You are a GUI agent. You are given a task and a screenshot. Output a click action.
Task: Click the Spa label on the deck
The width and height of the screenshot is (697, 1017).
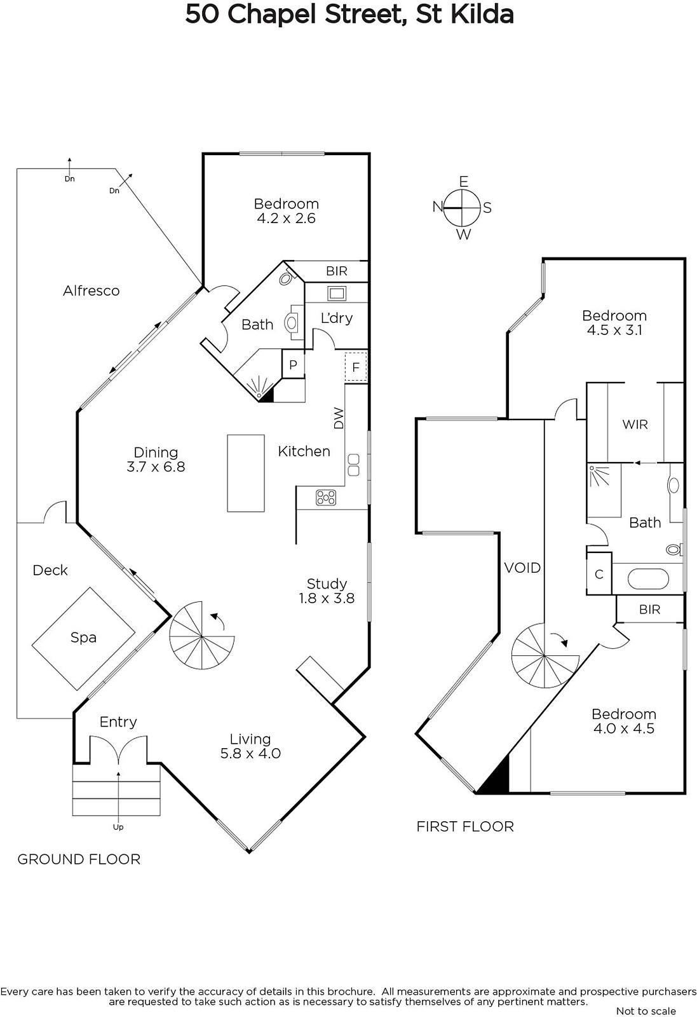[83, 638]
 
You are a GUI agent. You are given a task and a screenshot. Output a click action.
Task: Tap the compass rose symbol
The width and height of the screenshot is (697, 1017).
[462, 208]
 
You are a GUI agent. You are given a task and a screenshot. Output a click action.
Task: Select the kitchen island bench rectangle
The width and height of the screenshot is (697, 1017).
[246, 473]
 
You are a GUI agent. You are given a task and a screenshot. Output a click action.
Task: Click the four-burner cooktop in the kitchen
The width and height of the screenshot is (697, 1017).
[327, 497]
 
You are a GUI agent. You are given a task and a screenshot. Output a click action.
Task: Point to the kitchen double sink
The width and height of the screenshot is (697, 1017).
[353, 465]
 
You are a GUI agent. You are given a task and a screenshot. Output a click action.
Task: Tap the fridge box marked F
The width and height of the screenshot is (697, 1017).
[356, 367]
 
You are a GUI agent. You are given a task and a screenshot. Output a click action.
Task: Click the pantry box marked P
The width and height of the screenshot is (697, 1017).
[293, 364]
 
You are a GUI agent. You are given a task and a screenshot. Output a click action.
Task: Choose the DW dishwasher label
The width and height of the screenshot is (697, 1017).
[339, 418]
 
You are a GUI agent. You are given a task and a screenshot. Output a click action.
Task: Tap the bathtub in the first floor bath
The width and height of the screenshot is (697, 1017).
[648, 579]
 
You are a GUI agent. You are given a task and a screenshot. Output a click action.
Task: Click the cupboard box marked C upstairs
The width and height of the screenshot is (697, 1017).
[599, 574]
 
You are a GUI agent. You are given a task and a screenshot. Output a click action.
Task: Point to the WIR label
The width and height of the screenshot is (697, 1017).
[635, 425]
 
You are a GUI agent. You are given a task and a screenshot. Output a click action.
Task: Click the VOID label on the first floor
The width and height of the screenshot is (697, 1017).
[522, 568]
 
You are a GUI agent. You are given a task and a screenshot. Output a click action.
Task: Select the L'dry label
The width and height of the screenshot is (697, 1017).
[337, 318]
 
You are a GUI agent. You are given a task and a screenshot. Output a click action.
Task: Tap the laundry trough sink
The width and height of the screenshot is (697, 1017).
[337, 293]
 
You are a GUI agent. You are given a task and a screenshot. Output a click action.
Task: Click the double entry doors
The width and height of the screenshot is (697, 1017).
[118, 749]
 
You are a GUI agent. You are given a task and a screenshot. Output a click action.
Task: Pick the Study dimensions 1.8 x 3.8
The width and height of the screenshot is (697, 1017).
[327, 598]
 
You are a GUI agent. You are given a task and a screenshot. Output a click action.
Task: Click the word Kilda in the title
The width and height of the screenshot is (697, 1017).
[482, 14]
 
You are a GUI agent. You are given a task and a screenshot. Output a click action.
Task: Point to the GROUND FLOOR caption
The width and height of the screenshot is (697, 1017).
[79, 859]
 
